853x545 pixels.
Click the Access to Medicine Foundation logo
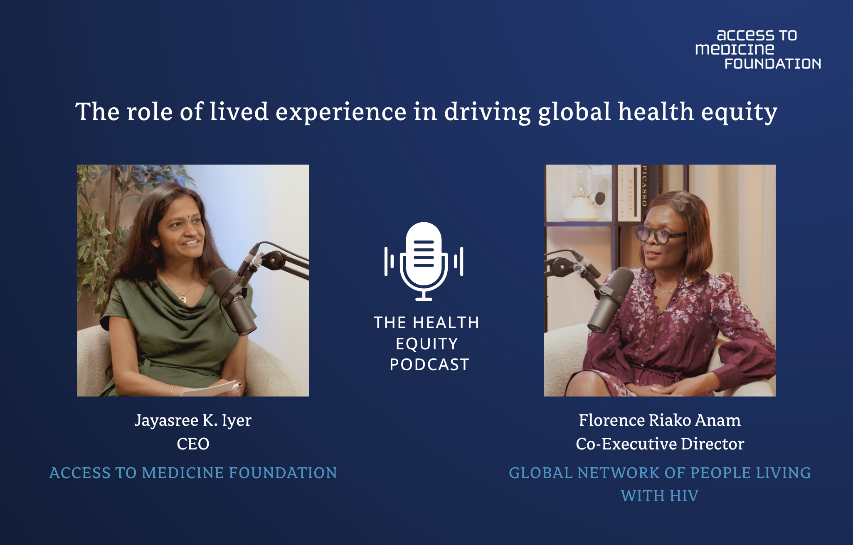point(758,49)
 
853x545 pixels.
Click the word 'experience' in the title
point(341,112)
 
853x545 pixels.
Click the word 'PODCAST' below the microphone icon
point(429,365)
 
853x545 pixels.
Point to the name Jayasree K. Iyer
point(193,420)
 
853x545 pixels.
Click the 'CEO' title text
point(193,444)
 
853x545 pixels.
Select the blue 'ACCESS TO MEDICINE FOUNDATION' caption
point(193,473)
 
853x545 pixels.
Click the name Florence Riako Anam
point(660,420)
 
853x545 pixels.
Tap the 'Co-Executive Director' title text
point(660,444)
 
